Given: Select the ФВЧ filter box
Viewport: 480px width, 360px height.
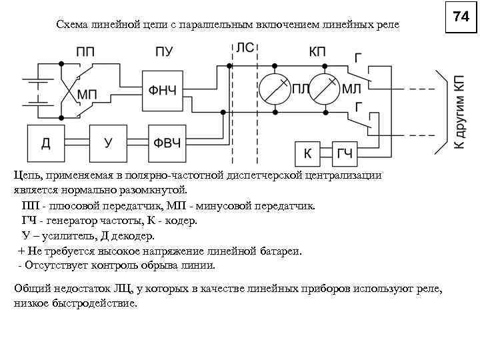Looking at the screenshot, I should pos(167,143).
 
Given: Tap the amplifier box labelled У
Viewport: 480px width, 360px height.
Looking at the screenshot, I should pos(107,143).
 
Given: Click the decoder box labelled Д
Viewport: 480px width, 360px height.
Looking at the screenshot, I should pos(46,143).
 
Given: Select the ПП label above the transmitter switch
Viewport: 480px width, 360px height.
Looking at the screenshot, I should pos(85,51).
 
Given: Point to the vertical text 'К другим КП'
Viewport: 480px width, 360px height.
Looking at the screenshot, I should pos(459,110).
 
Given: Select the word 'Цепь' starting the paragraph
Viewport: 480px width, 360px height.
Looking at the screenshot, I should pos(27,175).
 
